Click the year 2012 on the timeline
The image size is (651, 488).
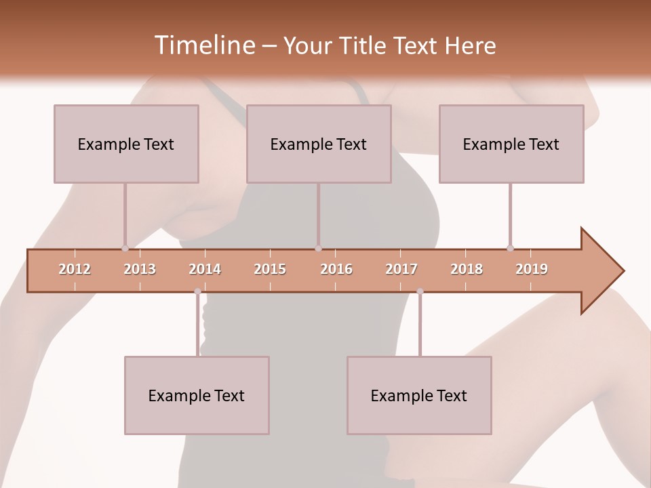pyautogui.click(x=75, y=269)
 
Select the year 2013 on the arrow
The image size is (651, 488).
pyautogui.click(x=140, y=269)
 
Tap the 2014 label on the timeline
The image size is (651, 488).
pyautogui.click(x=205, y=269)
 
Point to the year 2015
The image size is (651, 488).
pyautogui.click(x=270, y=269)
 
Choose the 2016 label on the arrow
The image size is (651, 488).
pyautogui.click(x=336, y=269)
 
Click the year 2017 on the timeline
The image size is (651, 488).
pyautogui.click(x=401, y=269)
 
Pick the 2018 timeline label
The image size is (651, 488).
pyautogui.click(x=467, y=269)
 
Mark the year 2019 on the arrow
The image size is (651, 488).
pyautogui.click(x=532, y=269)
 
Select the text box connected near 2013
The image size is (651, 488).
pyautogui.click(x=126, y=144)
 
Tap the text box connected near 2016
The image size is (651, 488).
pyautogui.click(x=319, y=144)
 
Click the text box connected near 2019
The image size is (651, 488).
pyautogui.click(x=511, y=144)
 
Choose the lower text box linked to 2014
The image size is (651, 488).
pyautogui.click(x=197, y=396)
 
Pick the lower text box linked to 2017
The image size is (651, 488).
pyautogui.click(x=419, y=396)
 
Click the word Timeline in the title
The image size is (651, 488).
pyautogui.click(x=203, y=45)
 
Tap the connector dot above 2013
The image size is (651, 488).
pyautogui.click(x=125, y=248)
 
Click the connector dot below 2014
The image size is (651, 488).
pyautogui.click(x=197, y=291)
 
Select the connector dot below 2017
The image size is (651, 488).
pyautogui.click(x=420, y=291)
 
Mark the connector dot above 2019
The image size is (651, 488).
pyautogui.click(x=510, y=248)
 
